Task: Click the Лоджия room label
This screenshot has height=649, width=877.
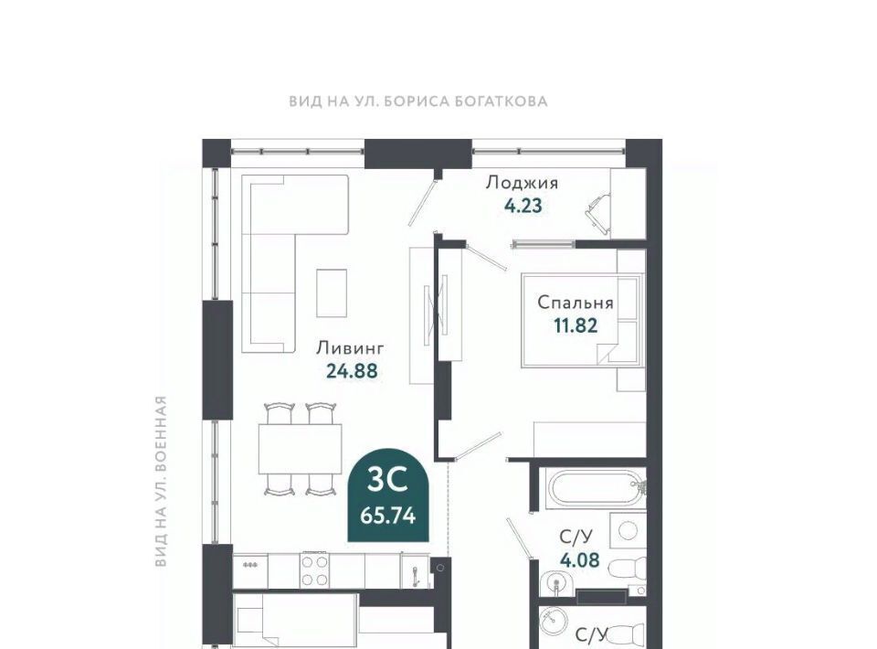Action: (x=522, y=183)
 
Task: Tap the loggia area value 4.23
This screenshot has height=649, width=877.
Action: (x=523, y=206)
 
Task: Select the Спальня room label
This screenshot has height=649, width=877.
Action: (x=576, y=303)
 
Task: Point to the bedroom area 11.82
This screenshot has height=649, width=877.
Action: (x=576, y=325)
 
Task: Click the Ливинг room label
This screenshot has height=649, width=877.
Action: (x=351, y=348)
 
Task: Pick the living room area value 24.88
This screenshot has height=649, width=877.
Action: (x=352, y=370)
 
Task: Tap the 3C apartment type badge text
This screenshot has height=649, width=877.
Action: (x=387, y=480)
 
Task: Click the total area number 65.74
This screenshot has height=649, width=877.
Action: (x=388, y=516)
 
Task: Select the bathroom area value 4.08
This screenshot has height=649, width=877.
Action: (x=579, y=559)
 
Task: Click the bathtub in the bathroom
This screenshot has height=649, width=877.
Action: (x=597, y=489)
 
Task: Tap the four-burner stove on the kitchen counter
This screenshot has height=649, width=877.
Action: (x=316, y=570)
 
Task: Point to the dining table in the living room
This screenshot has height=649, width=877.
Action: (x=300, y=449)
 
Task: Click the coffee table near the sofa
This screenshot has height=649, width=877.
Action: (x=332, y=293)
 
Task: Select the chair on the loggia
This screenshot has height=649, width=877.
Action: (x=598, y=215)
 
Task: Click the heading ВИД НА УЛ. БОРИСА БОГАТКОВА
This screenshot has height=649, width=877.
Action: (x=418, y=101)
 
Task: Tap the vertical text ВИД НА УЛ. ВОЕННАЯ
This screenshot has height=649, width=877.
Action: (x=161, y=481)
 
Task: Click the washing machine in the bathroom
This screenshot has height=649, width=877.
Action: (x=628, y=531)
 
